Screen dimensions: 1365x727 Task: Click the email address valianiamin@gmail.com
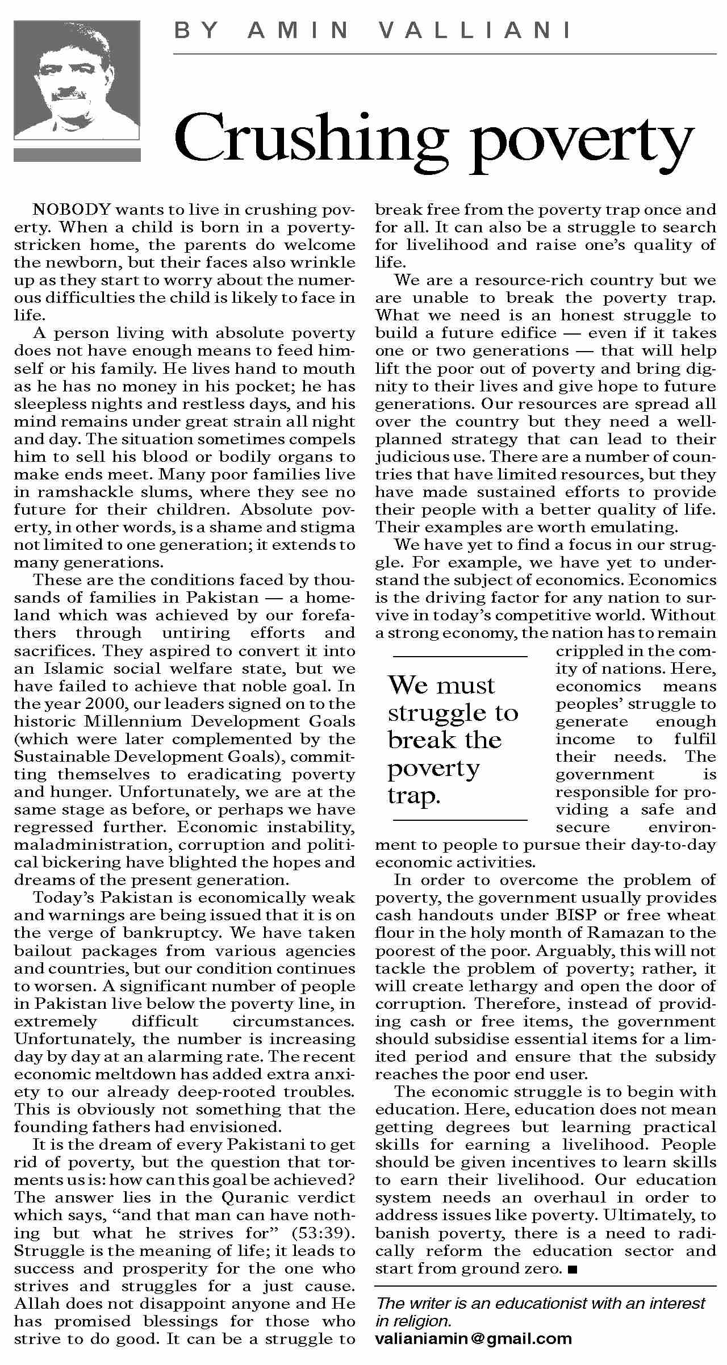click(473, 1338)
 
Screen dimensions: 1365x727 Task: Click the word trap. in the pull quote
click(414, 795)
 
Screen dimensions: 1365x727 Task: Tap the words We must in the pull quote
click(441, 685)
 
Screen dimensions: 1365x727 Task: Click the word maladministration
click(91, 845)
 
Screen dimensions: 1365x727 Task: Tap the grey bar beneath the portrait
click(77, 155)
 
